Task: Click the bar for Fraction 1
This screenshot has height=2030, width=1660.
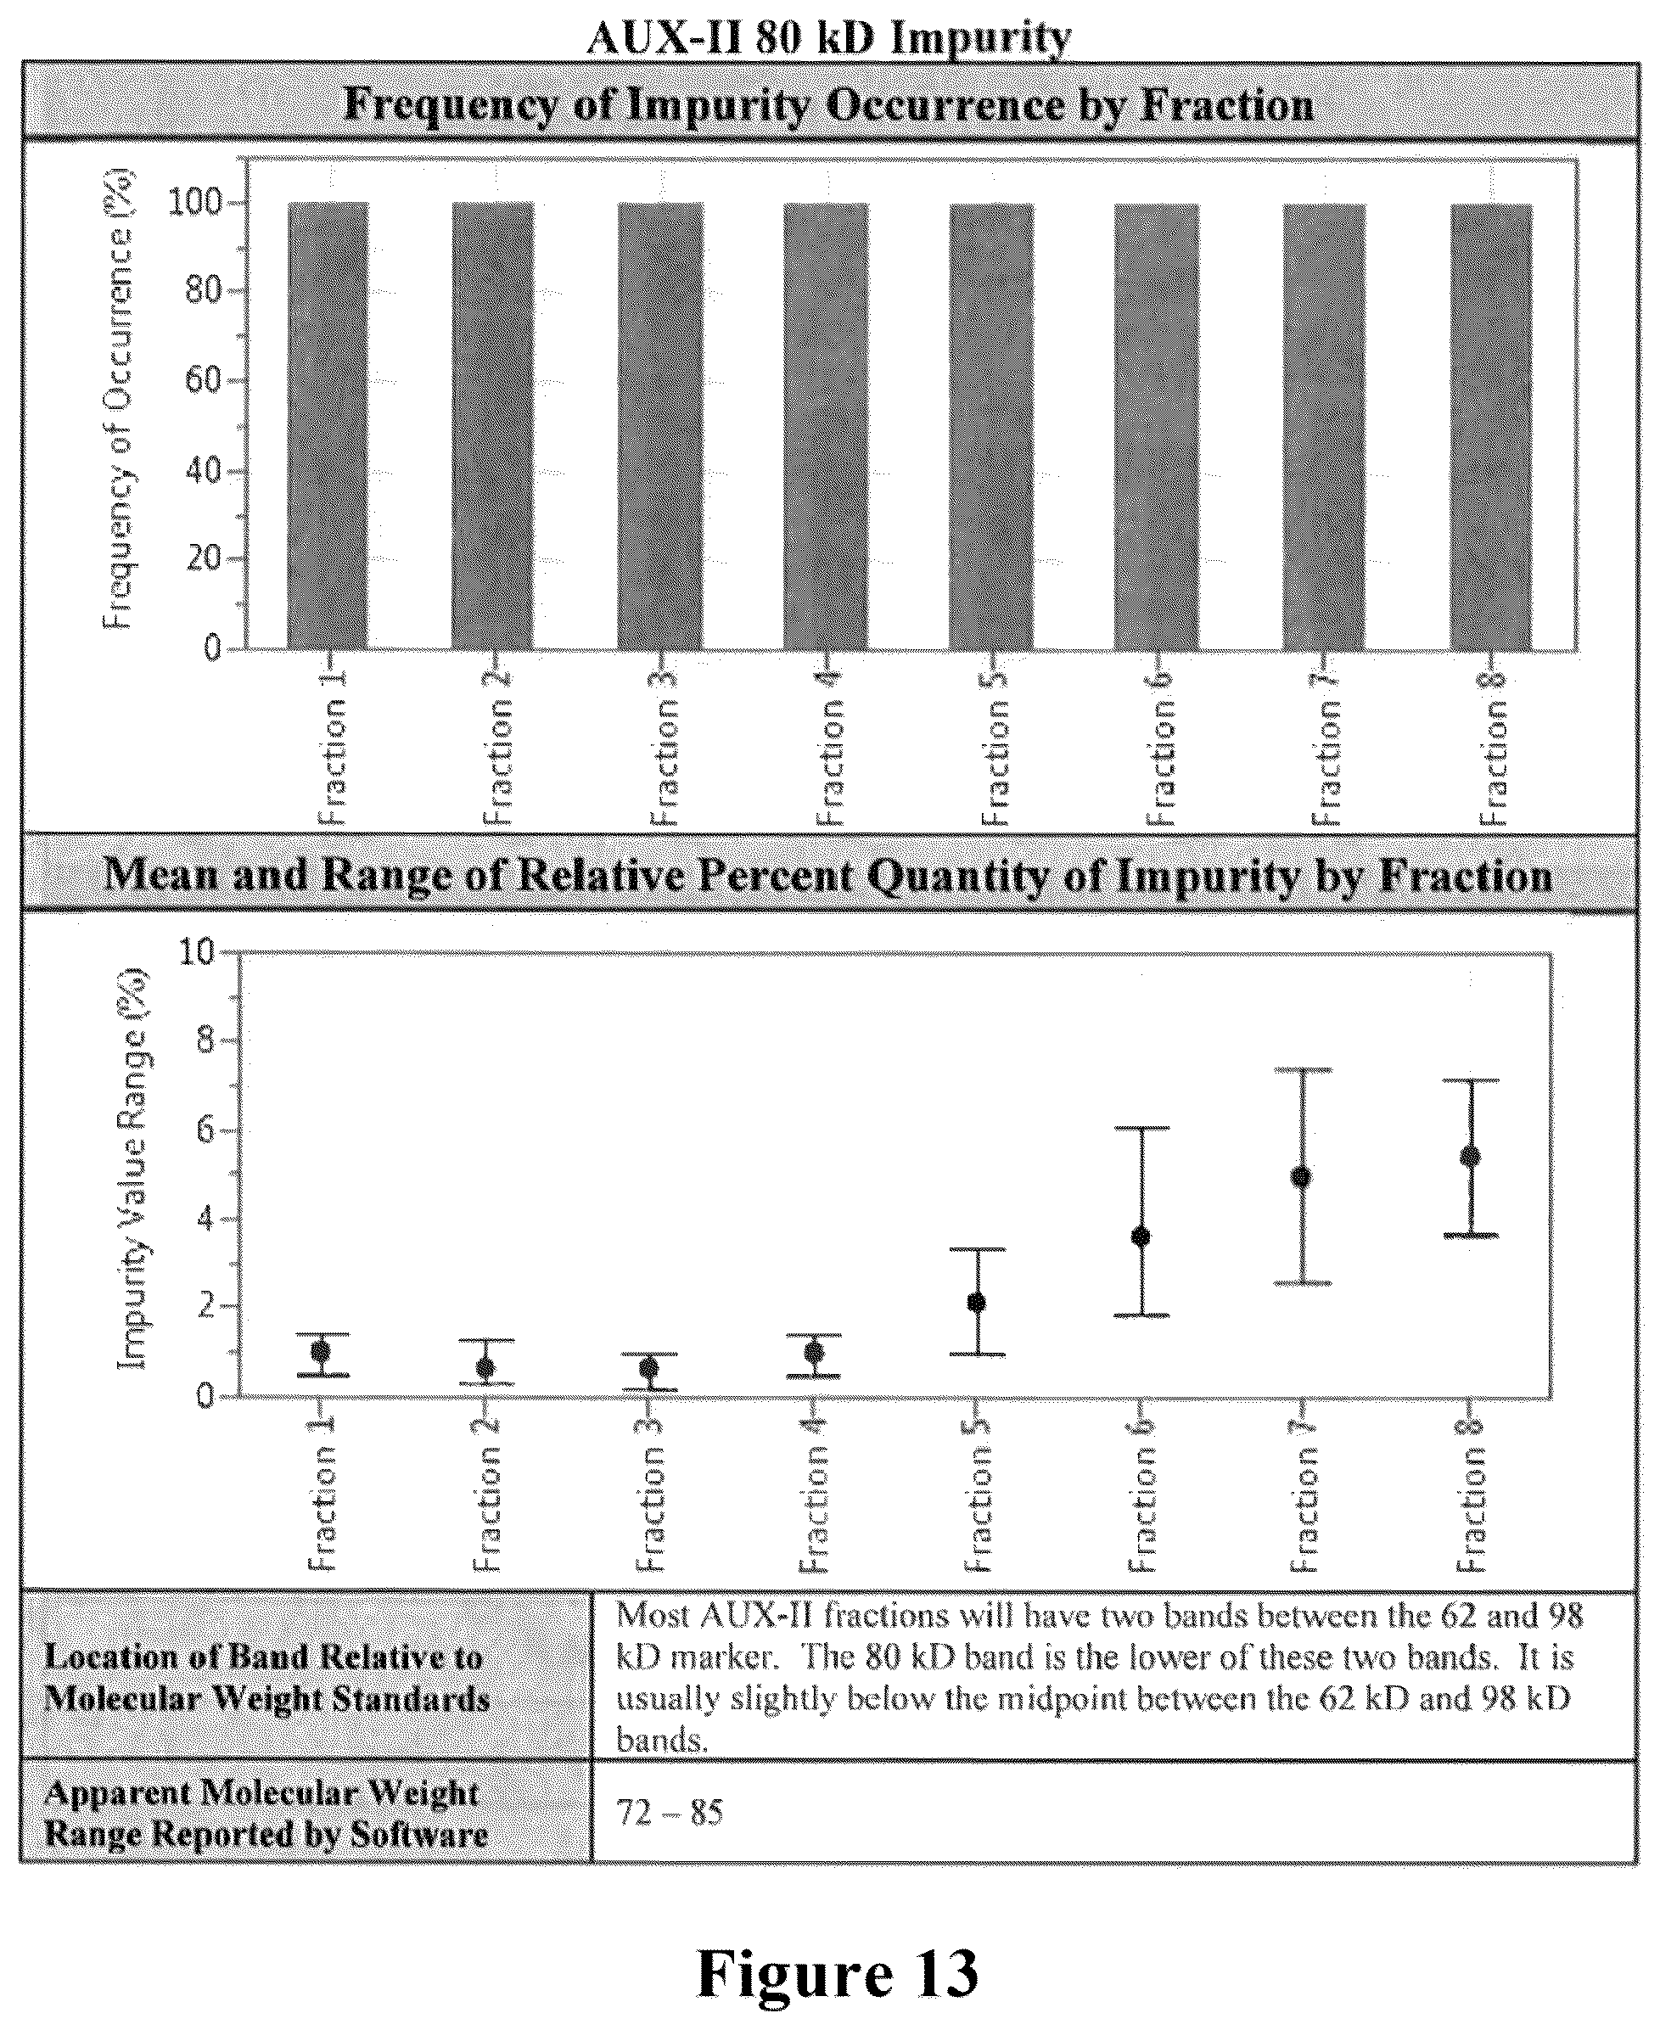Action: click(328, 427)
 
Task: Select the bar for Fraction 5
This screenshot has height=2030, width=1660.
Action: click(991, 428)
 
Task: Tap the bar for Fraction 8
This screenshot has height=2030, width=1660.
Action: click(1492, 428)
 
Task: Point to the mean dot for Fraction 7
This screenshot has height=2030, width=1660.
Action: click(1301, 1177)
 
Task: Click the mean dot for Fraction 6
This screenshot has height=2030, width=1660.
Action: click(1141, 1237)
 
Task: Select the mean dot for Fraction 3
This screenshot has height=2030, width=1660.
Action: click(649, 1368)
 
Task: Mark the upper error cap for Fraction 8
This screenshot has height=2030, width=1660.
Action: click(1472, 1080)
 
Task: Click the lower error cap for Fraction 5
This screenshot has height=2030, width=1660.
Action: click(978, 1354)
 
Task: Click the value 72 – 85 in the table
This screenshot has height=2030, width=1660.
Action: click(670, 1812)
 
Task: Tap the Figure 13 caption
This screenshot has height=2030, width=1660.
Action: click(838, 1972)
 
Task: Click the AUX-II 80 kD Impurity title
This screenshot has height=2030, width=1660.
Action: click(829, 38)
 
